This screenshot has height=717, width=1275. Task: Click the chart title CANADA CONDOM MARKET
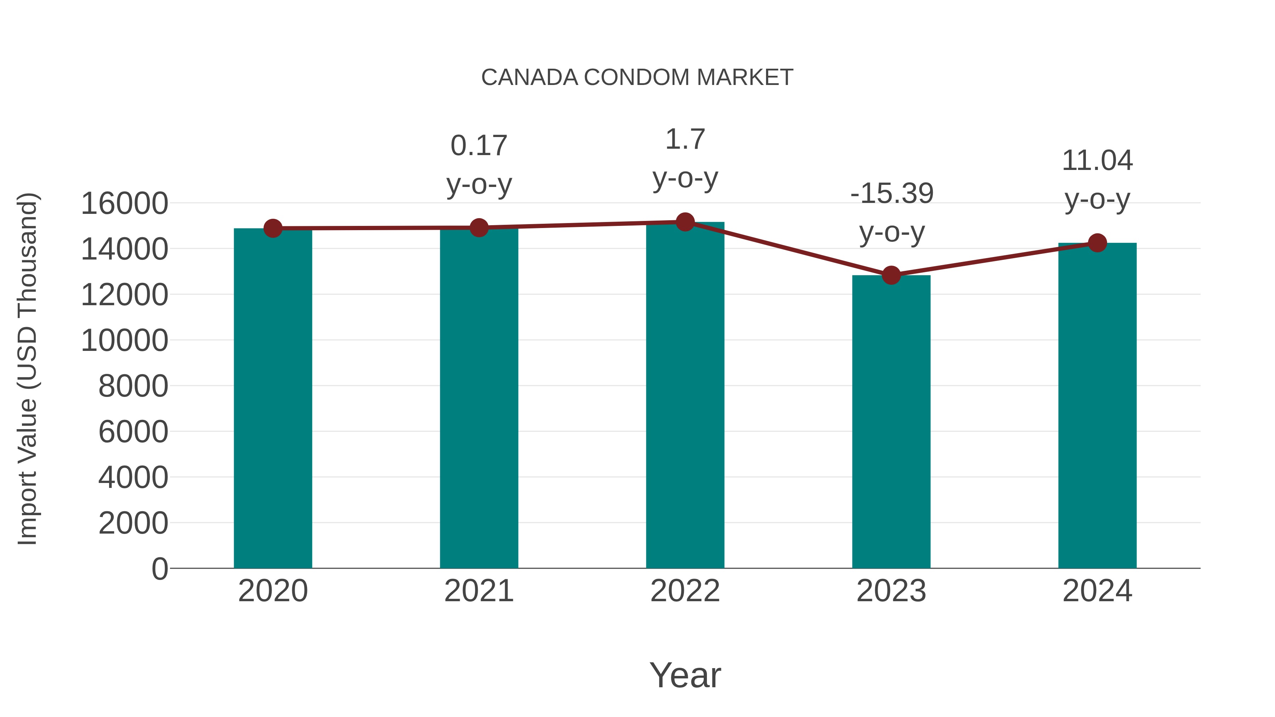(637, 78)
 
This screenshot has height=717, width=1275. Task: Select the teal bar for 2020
(273, 398)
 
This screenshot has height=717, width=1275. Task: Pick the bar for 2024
(1097, 406)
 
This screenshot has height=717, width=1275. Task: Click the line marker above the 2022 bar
(685, 222)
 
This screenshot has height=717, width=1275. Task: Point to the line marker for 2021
(478, 228)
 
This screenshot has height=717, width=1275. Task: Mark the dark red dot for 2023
(891, 275)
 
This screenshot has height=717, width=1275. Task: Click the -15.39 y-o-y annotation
(891, 212)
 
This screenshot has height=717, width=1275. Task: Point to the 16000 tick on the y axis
(124, 203)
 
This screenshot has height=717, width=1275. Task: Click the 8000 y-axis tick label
(133, 386)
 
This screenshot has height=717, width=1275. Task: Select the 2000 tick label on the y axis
(133, 523)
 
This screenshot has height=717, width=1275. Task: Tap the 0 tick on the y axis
(159, 569)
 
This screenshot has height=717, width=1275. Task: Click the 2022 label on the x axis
(685, 591)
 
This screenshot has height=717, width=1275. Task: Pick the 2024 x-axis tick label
(1097, 591)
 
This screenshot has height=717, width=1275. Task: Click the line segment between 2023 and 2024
(994, 259)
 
